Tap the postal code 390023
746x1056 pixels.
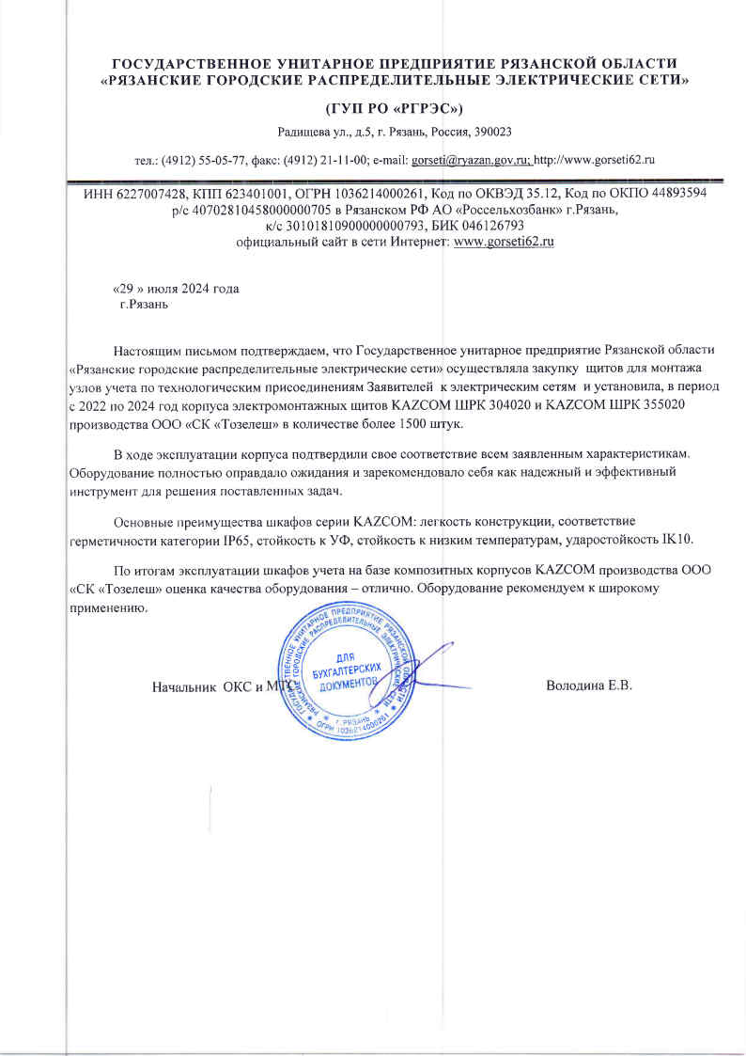pyautogui.click(x=492, y=132)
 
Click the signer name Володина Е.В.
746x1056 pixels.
pyautogui.click(x=589, y=684)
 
